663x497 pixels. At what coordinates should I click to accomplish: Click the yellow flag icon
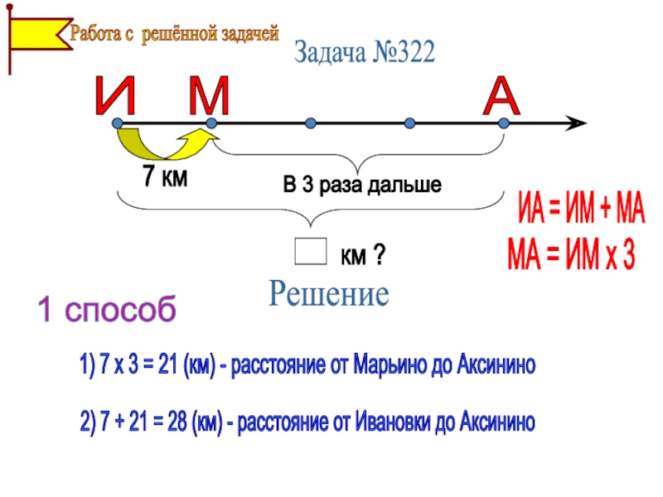37,35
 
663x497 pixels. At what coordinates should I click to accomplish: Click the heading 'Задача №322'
364,54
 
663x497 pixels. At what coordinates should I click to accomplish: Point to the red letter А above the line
502,97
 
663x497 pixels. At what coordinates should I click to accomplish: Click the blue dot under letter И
119,123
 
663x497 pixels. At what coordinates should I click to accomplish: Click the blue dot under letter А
503,123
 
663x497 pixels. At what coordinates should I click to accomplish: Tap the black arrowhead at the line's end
576,123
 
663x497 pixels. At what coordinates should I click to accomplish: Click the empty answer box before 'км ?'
310,253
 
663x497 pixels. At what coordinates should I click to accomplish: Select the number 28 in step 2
174,423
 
